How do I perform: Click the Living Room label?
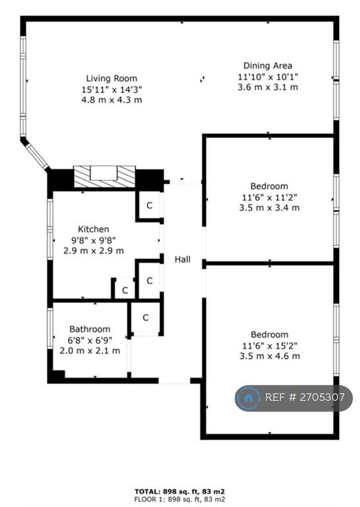[x=112, y=79]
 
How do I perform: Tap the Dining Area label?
[x=268, y=65]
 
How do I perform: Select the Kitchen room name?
[x=94, y=229]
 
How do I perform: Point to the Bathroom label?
[x=90, y=329]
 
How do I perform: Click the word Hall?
[x=182, y=259]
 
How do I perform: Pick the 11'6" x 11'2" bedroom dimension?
[x=270, y=197]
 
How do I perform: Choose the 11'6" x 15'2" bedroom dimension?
[x=270, y=346]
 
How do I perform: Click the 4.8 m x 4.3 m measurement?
[x=112, y=100]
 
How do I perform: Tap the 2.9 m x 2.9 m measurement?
[x=94, y=251]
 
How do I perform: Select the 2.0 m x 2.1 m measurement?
[x=90, y=351]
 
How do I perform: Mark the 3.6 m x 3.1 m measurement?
[x=268, y=87]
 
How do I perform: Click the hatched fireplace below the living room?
[x=104, y=176]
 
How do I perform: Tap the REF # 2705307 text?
[x=305, y=397]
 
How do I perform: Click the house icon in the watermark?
[x=248, y=398]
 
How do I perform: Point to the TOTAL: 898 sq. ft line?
[x=180, y=491]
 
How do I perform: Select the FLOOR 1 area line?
[x=180, y=499]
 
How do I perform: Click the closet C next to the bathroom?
[x=145, y=318]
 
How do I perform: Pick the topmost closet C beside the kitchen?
[x=149, y=205]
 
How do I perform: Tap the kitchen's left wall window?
[x=50, y=229]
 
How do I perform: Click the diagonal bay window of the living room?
[x=36, y=156]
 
